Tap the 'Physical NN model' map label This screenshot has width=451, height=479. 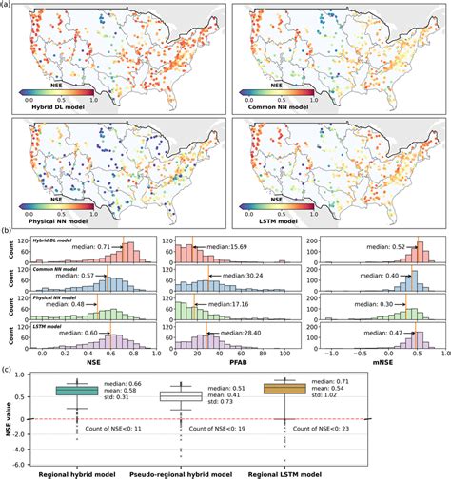pyautogui.click(x=49, y=221)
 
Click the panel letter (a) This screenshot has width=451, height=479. pyautogui.click(x=9, y=5)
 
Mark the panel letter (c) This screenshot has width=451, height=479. pyautogui.click(x=9, y=371)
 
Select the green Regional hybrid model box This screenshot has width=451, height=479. pyautogui.click(x=80, y=391)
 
